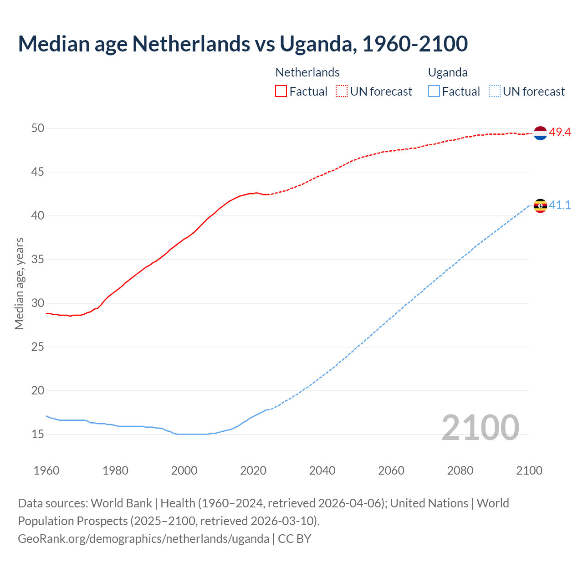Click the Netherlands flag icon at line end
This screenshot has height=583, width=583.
click(x=540, y=133)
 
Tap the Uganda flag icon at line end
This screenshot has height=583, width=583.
click(x=540, y=206)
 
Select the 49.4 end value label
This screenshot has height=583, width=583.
click(x=560, y=133)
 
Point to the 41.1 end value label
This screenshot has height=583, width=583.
click(x=560, y=205)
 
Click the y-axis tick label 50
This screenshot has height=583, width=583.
click(x=38, y=128)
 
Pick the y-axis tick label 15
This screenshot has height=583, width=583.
click(x=38, y=435)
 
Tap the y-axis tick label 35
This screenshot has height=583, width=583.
click(x=38, y=260)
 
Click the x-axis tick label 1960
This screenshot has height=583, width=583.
click(x=46, y=470)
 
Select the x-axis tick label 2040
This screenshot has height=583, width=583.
click(x=322, y=470)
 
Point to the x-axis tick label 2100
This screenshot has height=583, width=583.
click(x=529, y=470)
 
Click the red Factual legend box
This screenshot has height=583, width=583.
click(x=281, y=92)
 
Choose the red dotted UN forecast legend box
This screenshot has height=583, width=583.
click(x=342, y=92)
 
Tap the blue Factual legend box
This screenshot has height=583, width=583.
click(x=434, y=92)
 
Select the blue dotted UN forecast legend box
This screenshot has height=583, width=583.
click(x=494, y=92)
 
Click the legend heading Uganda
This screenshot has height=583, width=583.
click(x=448, y=72)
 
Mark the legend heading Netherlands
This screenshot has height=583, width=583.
click(x=307, y=72)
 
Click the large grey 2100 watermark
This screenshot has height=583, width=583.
click(x=480, y=427)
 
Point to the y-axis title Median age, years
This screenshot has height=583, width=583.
click(x=19, y=283)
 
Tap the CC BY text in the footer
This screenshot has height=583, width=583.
click(x=294, y=539)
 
